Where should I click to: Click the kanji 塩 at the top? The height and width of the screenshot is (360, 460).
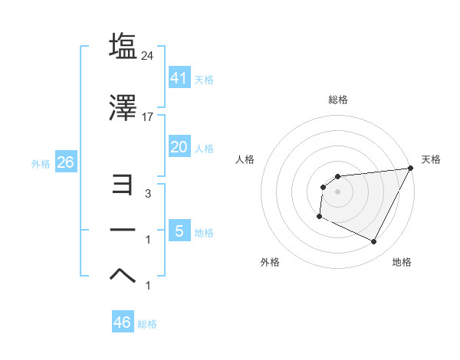[x=123, y=46]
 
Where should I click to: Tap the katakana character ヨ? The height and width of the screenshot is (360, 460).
[x=123, y=184]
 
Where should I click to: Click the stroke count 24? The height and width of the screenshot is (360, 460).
[x=148, y=55]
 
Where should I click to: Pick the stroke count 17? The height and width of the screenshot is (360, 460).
[x=148, y=117]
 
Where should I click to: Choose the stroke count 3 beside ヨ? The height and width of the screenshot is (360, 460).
[x=148, y=195]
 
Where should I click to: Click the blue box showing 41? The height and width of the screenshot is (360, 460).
[x=179, y=77]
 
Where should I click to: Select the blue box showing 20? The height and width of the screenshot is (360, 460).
[x=179, y=147]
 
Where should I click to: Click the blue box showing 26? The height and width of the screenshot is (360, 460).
[x=65, y=162]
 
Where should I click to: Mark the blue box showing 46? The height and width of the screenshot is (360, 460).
[x=122, y=322]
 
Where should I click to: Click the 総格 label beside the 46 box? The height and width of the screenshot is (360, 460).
[x=147, y=324]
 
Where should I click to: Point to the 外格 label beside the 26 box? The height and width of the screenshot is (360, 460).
[x=41, y=164]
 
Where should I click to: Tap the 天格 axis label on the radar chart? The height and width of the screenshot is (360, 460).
[x=431, y=159]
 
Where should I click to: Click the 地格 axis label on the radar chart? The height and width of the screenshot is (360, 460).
[x=402, y=263]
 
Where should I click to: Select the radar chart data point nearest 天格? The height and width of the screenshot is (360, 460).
[x=412, y=168]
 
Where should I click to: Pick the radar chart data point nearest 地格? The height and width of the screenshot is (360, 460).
[x=374, y=242]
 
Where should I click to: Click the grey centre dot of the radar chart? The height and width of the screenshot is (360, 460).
[x=337, y=191]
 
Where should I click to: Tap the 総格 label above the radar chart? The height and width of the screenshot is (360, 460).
[x=337, y=100]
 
